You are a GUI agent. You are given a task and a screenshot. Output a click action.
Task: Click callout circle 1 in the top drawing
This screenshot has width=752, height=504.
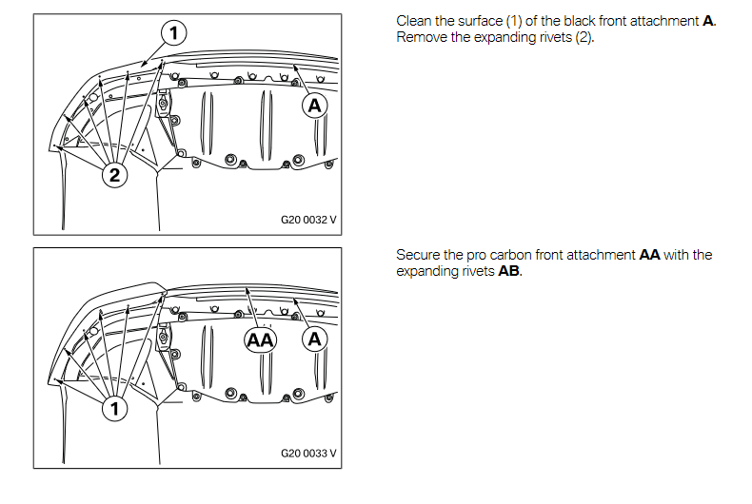coord(173,32)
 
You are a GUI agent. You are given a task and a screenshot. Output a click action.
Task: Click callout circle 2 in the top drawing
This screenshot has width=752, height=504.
coord(114,175)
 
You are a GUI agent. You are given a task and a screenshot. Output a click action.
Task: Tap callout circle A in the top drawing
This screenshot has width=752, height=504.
coord(315,106)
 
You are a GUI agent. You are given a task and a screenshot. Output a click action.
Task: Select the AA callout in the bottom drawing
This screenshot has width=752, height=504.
coord(261,340)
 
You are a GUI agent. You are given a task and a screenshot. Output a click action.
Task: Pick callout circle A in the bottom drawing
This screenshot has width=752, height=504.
coord(315,339)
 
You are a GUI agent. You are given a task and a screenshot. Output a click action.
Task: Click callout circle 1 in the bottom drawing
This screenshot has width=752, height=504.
coord(114,409)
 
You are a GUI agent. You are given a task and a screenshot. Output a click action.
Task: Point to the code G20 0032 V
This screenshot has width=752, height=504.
coord(308,220)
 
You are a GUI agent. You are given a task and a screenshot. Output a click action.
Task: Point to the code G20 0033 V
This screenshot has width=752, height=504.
coord(308,454)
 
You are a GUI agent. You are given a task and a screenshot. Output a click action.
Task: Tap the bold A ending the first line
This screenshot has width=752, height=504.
coord(708,21)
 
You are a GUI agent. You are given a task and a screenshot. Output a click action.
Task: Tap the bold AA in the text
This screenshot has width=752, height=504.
coord(649,255)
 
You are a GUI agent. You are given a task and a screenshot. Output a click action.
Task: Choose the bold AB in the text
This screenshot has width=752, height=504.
coord(509,271)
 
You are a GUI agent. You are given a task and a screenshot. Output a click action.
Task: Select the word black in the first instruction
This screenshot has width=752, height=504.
coord(579,21)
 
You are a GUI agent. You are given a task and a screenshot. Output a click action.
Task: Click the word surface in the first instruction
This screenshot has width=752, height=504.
coord(480,21)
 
